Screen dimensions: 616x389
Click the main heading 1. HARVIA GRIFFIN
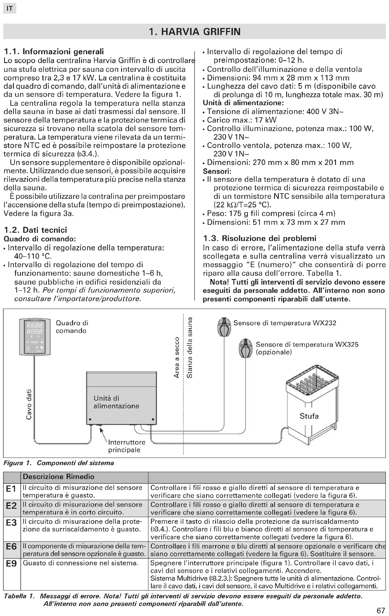194,32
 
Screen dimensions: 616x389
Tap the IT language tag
9,9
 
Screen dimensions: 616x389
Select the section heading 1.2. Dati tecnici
35,230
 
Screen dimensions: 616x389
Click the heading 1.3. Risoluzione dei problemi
260,238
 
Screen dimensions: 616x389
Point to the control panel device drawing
35,337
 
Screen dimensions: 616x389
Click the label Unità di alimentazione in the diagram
116,402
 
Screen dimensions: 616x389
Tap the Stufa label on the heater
309,416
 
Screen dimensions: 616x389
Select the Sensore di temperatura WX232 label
285,323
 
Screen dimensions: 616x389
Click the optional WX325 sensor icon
245,348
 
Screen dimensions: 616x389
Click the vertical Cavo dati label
29,404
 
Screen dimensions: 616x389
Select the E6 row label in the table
12,547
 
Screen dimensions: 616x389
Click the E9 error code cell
12,564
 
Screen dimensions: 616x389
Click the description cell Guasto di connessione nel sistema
80,563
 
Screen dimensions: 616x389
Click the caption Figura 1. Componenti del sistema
58,463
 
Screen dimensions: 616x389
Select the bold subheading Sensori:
217,171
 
